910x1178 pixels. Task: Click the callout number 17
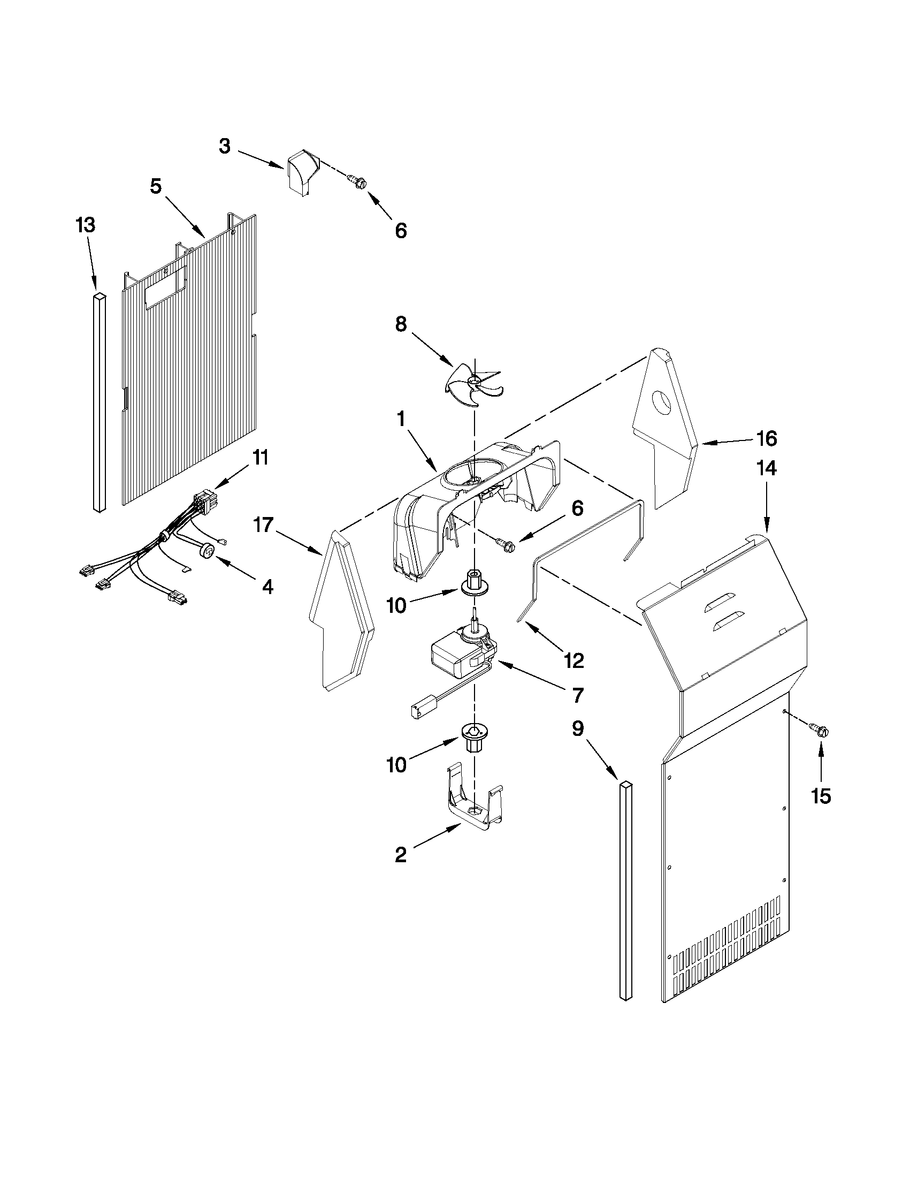(x=263, y=525)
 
